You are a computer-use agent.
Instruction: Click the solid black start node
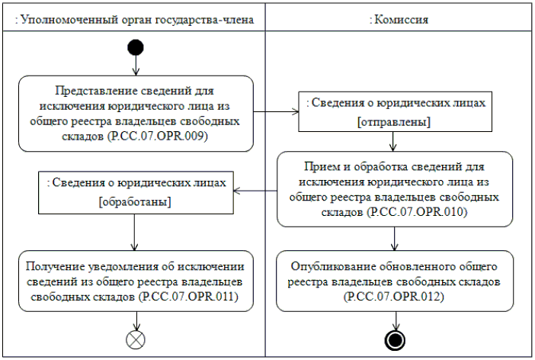[136, 47]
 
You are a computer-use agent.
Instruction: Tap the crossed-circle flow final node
[136, 339]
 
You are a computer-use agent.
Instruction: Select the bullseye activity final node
[394, 339]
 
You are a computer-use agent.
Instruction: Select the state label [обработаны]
[134, 202]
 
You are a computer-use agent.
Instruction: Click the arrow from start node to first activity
[136, 66]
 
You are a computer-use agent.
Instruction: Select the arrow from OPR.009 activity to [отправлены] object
[276, 112]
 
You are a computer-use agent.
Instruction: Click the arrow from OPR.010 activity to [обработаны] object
[255, 190]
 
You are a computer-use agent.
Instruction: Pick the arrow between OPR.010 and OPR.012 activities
[394, 238]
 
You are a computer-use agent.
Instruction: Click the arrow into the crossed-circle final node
[136, 320]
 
